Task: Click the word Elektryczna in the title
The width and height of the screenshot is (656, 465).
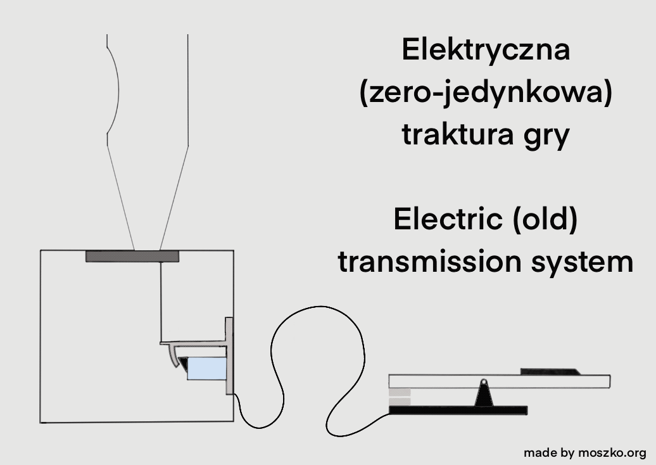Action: point(486,51)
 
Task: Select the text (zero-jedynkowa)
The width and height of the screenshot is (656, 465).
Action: point(486,94)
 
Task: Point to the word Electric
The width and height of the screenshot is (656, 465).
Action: point(441,219)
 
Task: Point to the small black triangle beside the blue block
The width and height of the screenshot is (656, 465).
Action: point(184,363)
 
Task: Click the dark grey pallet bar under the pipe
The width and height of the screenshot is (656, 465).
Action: point(132,256)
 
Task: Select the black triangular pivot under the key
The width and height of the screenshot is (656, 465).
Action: point(484,397)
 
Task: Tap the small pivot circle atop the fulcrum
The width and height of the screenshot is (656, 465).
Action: point(484,382)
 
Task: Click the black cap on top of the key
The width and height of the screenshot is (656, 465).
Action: point(548,372)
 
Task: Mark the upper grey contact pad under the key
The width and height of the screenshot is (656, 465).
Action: point(400,393)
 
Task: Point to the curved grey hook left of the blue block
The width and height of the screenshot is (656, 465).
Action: point(172,357)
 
